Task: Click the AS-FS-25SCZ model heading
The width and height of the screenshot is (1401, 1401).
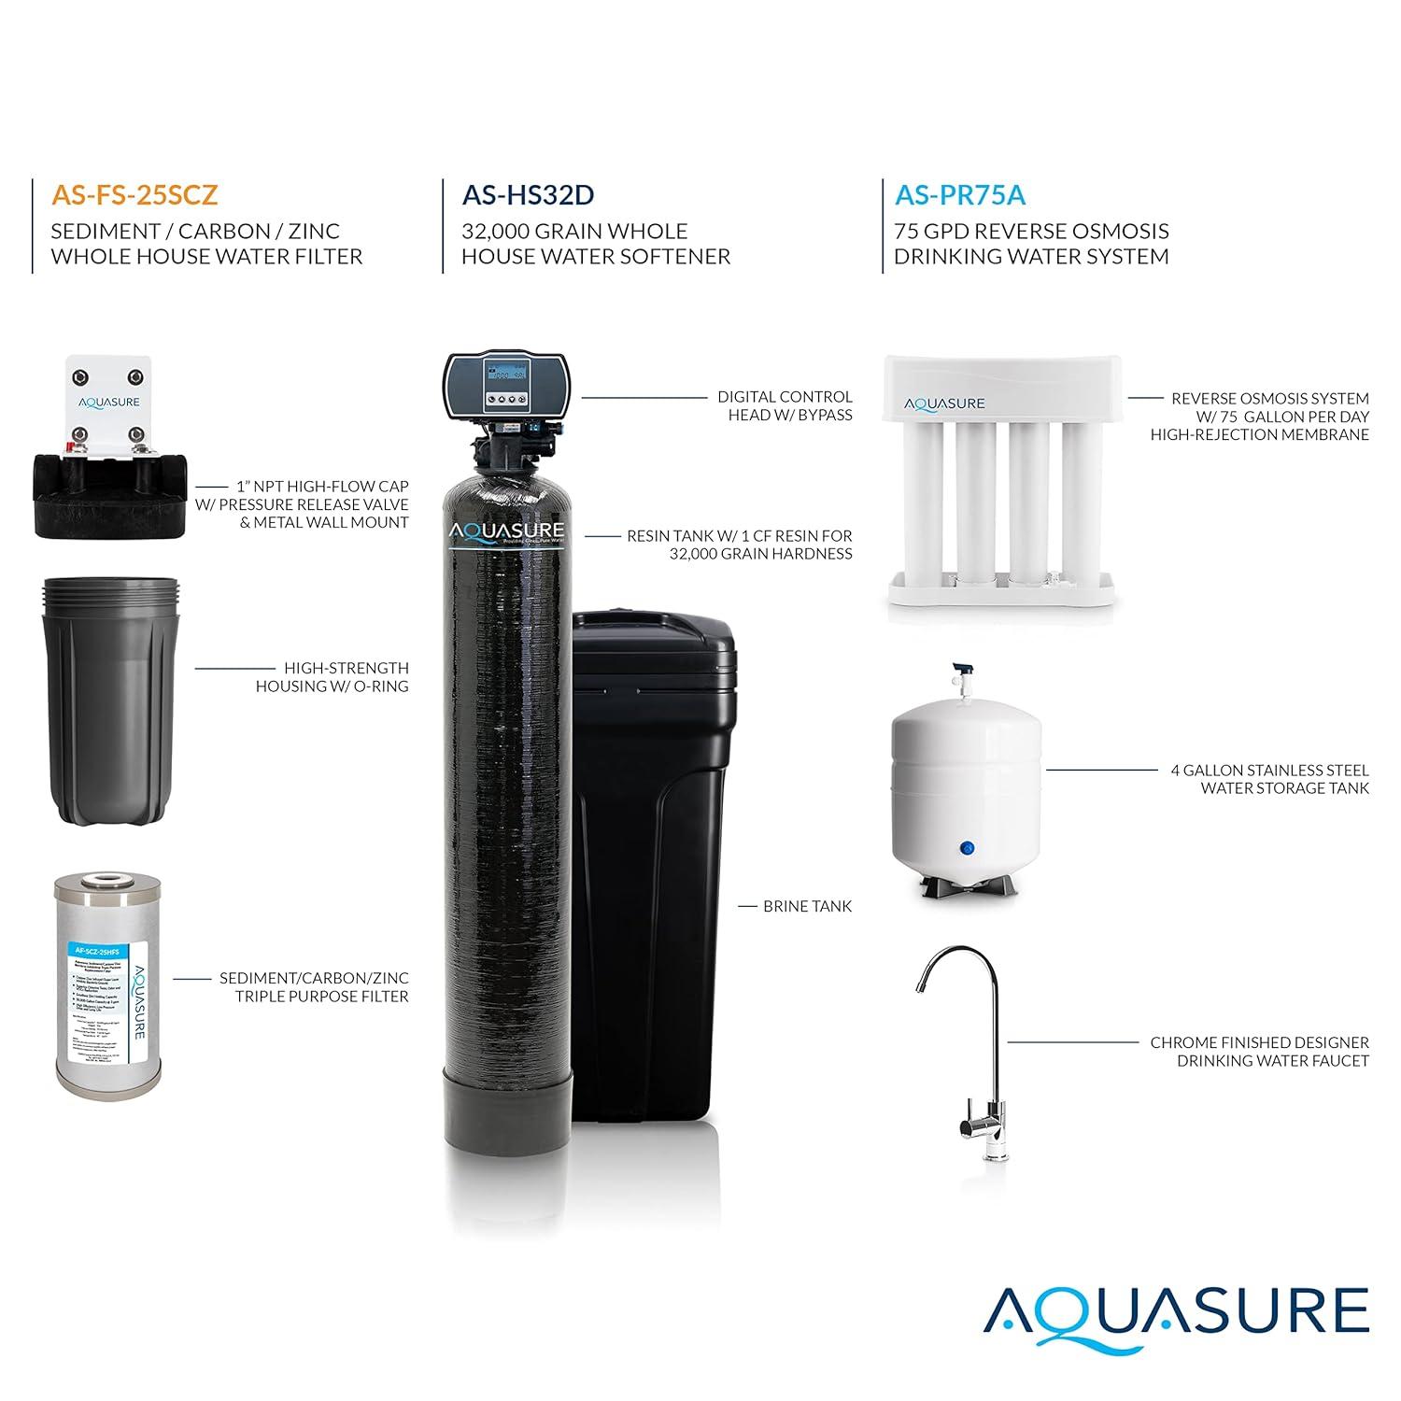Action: [134, 194]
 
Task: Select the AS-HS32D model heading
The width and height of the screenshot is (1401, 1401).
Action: [528, 194]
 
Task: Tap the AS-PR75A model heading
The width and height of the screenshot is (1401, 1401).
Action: [959, 194]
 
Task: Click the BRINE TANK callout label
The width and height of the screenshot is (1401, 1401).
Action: [807, 906]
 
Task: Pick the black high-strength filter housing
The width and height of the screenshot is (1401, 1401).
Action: [110, 700]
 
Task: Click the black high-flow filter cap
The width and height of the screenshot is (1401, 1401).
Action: [110, 495]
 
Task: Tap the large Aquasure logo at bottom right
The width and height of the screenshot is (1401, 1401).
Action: [1176, 1312]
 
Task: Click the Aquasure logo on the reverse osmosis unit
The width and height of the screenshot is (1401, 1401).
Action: [944, 403]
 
